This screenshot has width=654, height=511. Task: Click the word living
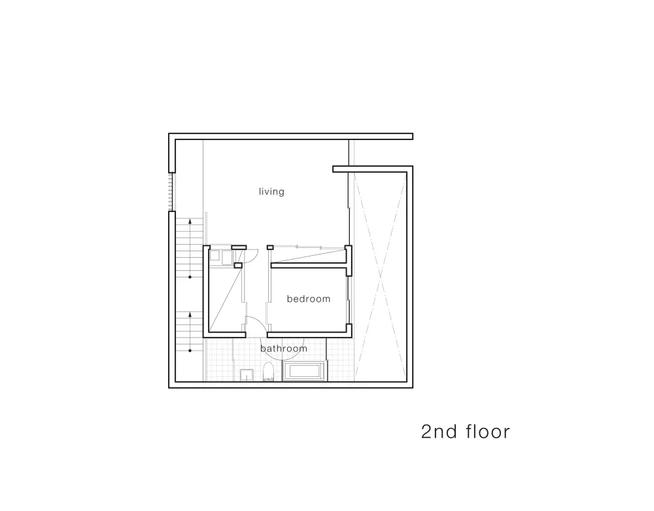click(x=271, y=192)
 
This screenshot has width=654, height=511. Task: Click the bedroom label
click(x=309, y=298)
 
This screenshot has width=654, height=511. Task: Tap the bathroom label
click(x=284, y=348)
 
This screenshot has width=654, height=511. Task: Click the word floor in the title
click(x=488, y=431)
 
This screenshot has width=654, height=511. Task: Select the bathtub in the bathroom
click(x=305, y=372)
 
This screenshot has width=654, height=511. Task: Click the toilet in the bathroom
click(x=269, y=372)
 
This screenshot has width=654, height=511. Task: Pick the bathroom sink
click(x=247, y=375)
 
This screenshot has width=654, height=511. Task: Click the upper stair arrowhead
click(x=190, y=220)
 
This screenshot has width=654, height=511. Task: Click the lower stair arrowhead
click(x=190, y=314)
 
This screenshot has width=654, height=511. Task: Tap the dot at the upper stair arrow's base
click(x=190, y=277)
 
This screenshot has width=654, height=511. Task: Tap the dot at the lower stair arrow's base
click(x=190, y=351)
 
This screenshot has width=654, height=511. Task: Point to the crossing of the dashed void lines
click(x=380, y=275)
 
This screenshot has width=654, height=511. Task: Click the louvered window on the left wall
click(x=170, y=192)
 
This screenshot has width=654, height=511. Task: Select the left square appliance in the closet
click(x=215, y=255)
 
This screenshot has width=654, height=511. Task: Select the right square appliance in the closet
click(x=227, y=257)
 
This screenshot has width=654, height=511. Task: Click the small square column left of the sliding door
click(x=270, y=247)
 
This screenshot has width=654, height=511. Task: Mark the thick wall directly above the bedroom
click(x=309, y=265)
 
